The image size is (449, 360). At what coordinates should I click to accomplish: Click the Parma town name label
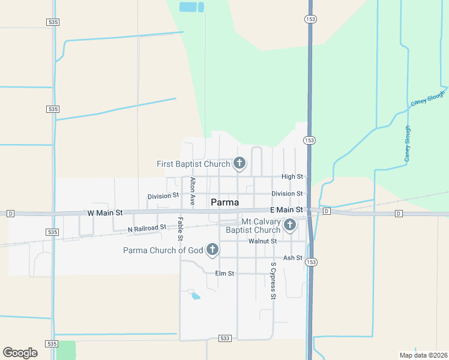(x=225, y=202)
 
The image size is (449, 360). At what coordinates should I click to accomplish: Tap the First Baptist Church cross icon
(x=240, y=163)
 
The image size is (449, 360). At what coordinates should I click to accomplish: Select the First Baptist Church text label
(x=193, y=164)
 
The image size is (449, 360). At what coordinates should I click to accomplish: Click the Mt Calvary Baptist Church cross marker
(x=290, y=225)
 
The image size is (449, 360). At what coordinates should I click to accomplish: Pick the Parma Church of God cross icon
(x=212, y=249)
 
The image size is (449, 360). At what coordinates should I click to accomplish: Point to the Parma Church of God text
(x=163, y=250)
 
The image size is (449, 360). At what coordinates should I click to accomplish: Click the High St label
(x=292, y=176)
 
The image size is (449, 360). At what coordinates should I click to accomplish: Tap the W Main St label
(x=104, y=213)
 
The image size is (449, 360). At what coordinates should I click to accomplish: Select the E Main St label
(x=286, y=209)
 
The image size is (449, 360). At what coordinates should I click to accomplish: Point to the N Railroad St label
(x=147, y=229)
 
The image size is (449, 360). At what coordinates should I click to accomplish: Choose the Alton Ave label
(x=193, y=191)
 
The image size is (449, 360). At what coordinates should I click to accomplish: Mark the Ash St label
(x=292, y=257)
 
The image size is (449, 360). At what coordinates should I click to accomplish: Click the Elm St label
(x=224, y=274)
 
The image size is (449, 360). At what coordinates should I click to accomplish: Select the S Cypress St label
(x=273, y=280)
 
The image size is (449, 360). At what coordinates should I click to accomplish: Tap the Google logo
(x=20, y=353)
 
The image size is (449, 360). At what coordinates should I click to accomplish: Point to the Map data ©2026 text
(x=423, y=355)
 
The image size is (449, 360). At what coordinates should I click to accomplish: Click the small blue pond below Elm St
(x=194, y=295)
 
